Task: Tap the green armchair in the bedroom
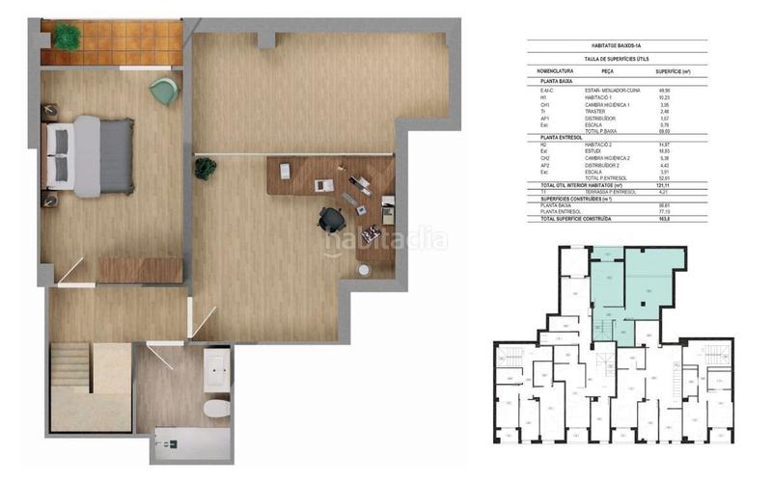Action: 161,92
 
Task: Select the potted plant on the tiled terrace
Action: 67,37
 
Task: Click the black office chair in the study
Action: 331,219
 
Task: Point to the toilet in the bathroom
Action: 217,410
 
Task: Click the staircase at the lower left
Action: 70,371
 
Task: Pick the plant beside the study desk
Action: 205,168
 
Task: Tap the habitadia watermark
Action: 386,241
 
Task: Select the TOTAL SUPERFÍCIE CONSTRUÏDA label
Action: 578,219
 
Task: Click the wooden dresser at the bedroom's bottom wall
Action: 140,269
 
